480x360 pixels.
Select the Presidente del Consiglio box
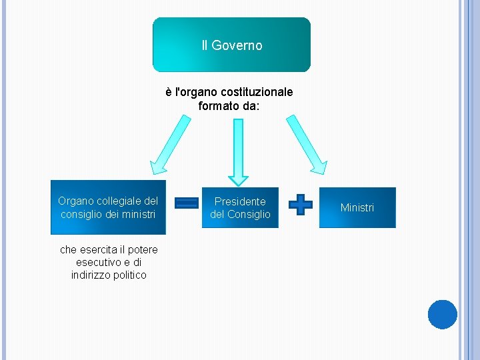tap(240, 207)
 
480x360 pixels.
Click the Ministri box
tap(357, 207)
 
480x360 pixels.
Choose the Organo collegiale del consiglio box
tap(108, 207)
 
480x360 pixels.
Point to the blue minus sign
tap(187, 203)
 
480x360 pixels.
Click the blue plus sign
tap(301, 204)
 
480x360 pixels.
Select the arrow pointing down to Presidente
tap(238, 152)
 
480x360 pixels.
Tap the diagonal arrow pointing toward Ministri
tap(306, 144)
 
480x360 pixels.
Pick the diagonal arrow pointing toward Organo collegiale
tap(169, 144)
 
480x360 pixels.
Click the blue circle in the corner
tap(442, 315)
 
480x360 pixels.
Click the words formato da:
tap(229, 105)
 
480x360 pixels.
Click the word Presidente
tap(240, 201)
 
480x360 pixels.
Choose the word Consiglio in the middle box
tap(249, 214)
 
